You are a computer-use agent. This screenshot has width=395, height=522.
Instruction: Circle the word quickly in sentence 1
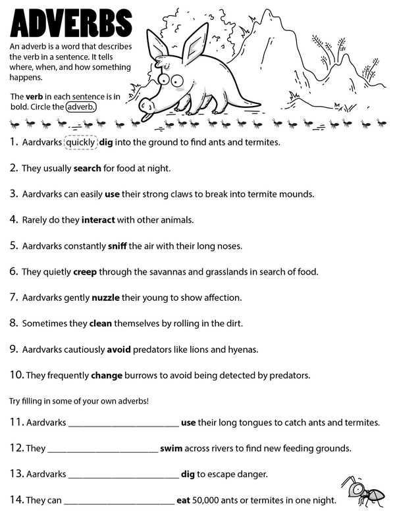point(80,142)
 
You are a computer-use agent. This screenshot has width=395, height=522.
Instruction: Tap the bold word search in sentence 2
point(87,168)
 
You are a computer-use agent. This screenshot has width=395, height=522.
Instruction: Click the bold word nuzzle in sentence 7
point(105,298)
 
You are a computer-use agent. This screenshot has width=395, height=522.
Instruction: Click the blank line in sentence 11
point(123,423)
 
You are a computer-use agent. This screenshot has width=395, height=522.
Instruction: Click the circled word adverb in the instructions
point(81,107)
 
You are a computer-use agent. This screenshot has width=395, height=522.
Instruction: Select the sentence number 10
point(16,375)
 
